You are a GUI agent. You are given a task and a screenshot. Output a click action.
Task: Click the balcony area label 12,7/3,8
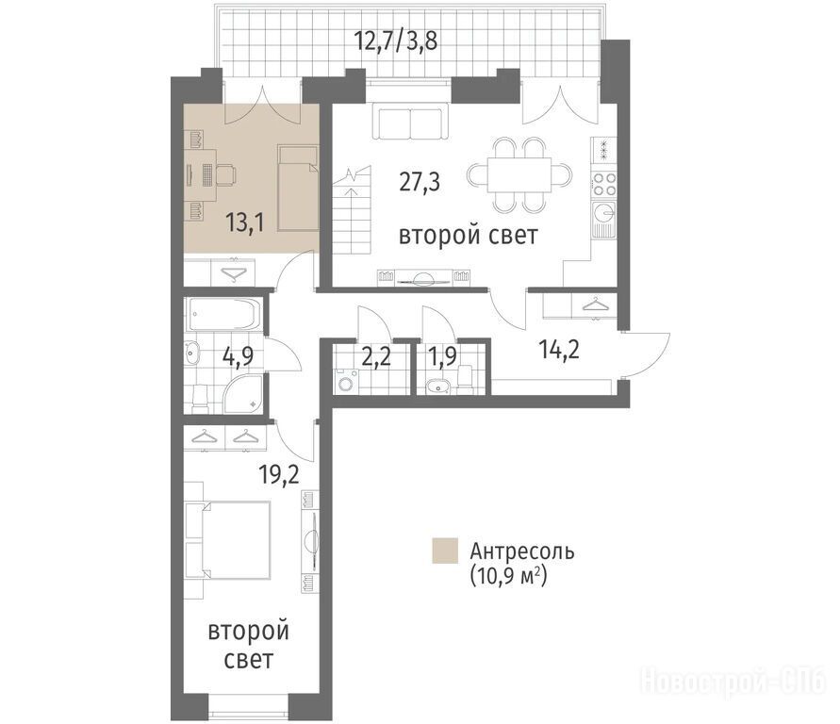point(396,41)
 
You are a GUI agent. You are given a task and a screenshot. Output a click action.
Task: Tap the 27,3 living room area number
point(420,182)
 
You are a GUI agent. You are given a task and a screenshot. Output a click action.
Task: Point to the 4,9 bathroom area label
point(237,354)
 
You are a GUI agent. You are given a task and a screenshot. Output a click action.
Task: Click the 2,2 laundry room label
point(376,356)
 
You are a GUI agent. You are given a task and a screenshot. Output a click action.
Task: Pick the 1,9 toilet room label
point(441,356)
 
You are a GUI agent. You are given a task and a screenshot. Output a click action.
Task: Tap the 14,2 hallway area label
point(559,351)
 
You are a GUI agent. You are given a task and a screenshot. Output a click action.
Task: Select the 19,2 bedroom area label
point(278,474)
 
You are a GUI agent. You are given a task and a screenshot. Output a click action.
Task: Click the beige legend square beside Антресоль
point(445,551)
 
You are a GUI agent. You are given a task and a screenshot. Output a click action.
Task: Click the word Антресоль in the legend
point(522,551)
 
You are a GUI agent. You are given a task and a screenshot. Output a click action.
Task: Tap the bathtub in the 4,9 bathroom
point(222,314)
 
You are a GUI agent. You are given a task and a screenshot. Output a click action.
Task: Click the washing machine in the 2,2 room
point(343,384)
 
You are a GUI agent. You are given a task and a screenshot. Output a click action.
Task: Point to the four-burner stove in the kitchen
point(603,184)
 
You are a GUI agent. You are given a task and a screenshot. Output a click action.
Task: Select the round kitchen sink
point(605,213)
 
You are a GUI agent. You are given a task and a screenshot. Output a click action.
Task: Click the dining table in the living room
point(519,174)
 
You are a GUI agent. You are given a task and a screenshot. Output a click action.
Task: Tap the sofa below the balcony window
point(410,124)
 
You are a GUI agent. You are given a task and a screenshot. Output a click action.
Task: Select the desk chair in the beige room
point(226,174)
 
